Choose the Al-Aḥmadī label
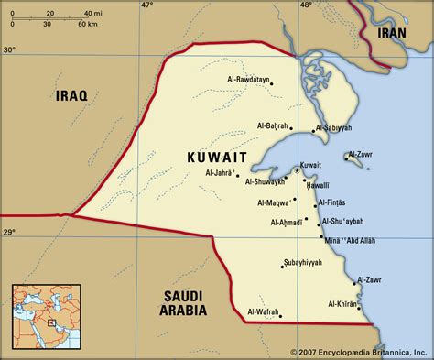pos(289,222)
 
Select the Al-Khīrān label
pos(343,303)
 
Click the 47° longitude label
pos(146,5)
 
